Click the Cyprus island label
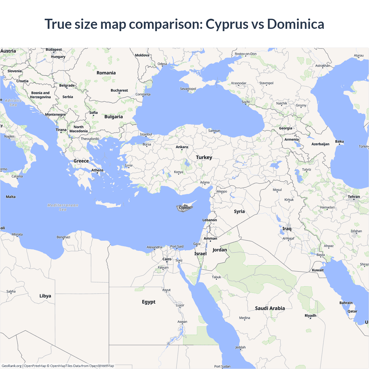[184, 208]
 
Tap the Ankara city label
[182, 147]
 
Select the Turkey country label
[204, 157]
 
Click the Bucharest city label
[119, 91]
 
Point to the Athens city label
[97, 170]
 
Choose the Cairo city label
[167, 259]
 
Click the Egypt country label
[149, 302]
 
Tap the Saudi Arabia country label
[270, 308]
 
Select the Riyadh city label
[310, 316]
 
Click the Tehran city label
[354, 197]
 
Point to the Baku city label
[339, 142]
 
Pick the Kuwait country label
[318, 270]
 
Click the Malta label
[11, 197]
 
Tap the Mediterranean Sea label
[63, 207]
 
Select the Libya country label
[45, 296]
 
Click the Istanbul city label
[146, 134]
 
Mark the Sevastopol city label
[188, 89]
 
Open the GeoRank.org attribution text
[12, 366]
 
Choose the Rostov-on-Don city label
[246, 54]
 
